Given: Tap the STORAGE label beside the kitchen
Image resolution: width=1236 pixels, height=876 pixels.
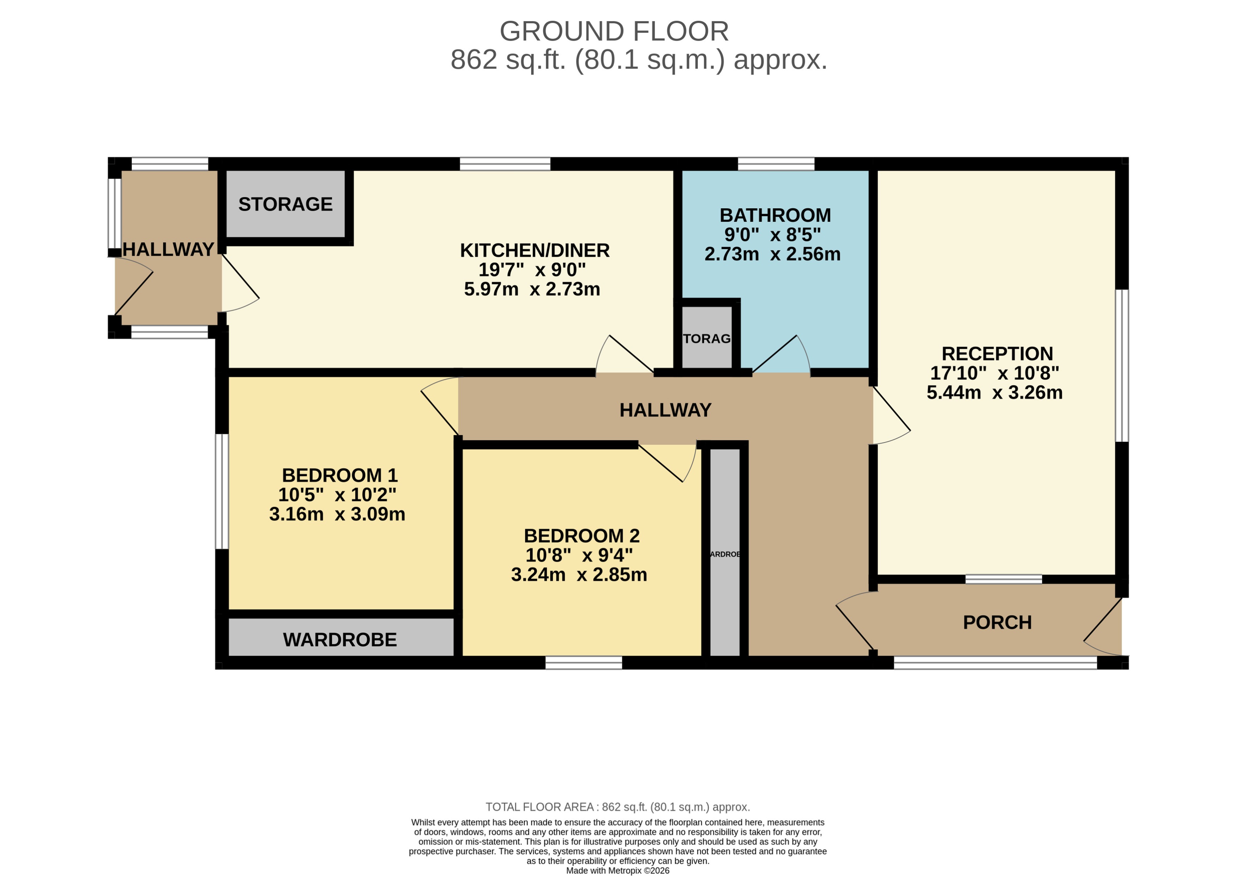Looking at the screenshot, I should click(x=285, y=204).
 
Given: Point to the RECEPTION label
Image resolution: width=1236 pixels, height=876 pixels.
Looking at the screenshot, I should click(x=997, y=353).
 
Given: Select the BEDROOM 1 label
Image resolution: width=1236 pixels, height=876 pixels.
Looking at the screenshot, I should click(x=339, y=475).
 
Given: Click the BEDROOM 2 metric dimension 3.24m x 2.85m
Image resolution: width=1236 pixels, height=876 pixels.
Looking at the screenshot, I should click(x=578, y=574).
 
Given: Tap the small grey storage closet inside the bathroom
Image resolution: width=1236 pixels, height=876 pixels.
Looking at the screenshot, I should click(x=706, y=338).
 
